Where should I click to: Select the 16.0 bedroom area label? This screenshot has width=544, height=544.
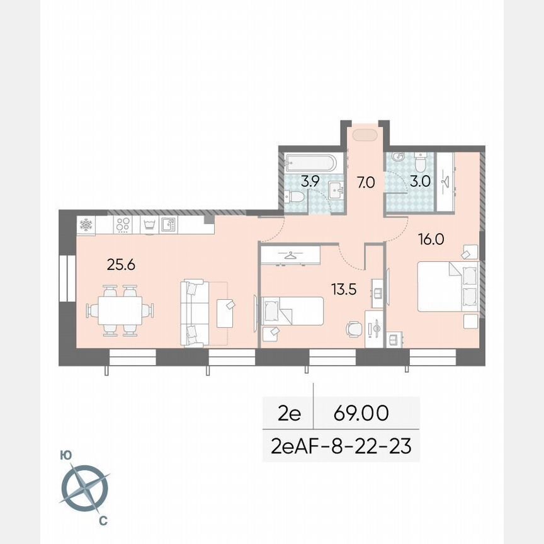pos(432,239)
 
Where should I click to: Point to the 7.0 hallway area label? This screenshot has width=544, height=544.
pos(366,183)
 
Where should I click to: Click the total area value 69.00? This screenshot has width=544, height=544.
pos(361,414)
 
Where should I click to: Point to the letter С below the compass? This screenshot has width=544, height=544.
pos(103,520)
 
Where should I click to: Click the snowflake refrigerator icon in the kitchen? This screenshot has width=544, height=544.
pos(86,225)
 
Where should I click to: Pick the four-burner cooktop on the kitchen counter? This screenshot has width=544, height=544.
pos(123,224)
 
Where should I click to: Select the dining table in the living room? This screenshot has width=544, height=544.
pos(120,310)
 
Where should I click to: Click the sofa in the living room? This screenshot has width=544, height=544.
pos(196,313)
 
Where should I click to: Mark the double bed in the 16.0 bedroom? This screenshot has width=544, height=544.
pos(448,286)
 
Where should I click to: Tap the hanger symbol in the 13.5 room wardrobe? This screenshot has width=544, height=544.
pos(290,255)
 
